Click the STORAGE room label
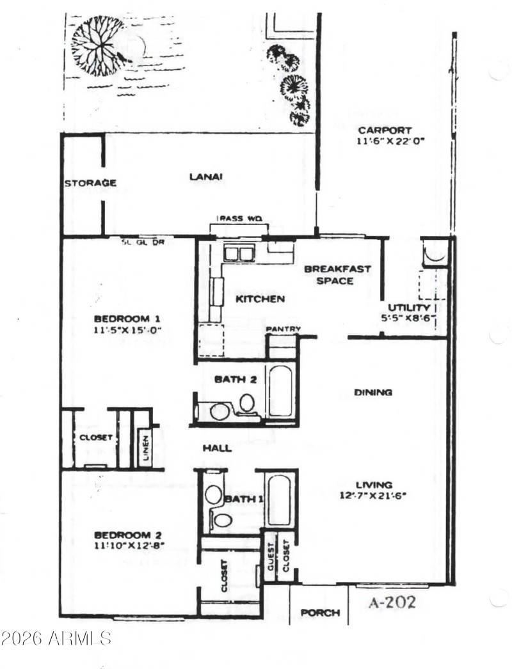90,184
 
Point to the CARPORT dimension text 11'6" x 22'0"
390,141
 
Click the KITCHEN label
260,299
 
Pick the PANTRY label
282,329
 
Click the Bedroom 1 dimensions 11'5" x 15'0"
127,331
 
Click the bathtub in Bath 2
281,391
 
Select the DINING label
373,392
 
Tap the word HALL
217,448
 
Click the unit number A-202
393,602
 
